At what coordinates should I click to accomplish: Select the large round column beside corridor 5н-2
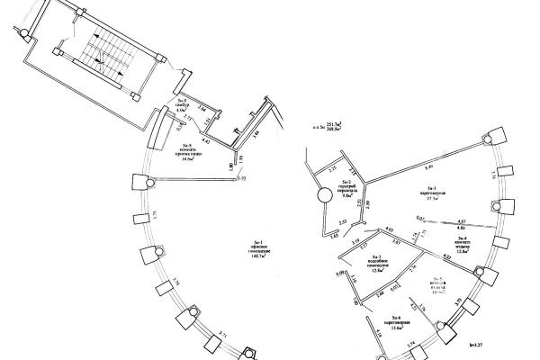[x=322, y=197]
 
